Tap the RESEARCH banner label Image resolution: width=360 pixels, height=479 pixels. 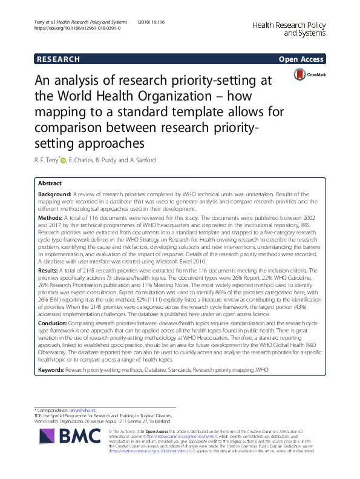pyautogui.click(x=58, y=59)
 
